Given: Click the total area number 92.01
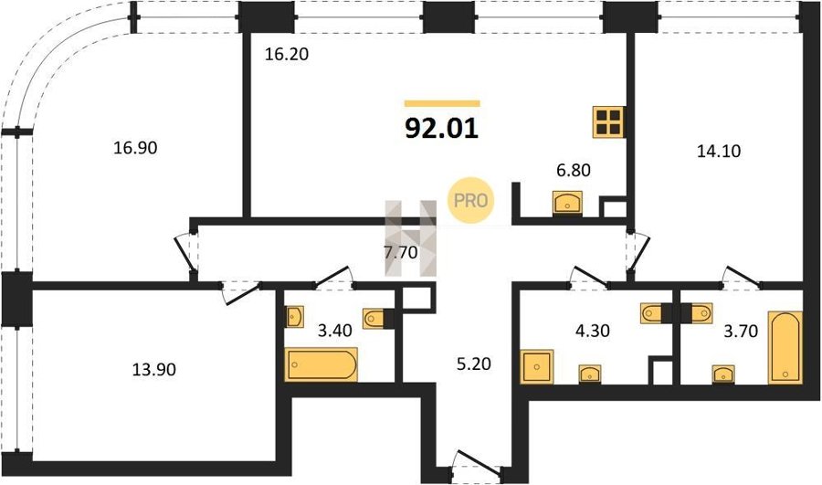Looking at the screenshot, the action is click(x=442, y=129).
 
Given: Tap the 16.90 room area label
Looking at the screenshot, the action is click(x=135, y=148).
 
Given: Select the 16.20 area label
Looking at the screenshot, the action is click(x=286, y=54).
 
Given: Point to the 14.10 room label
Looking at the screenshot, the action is click(x=719, y=151).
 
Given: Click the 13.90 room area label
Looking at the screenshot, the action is click(x=154, y=370).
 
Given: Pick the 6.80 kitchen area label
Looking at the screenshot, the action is click(x=574, y=170).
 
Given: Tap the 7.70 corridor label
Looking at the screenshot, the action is click(x=401, y=253).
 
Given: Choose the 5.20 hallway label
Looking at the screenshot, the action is click(x=474, y=364).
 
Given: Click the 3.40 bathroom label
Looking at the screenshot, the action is click(x=335, y=331).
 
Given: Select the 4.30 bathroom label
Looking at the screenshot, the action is click(x=593, y=331).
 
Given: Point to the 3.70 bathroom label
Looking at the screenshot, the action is click(x=741, y=331).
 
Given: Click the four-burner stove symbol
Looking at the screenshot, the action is click(x=608, y=122).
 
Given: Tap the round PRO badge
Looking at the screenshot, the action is click(x=470, y=200).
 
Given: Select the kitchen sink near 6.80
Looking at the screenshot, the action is click(x=567, y=203).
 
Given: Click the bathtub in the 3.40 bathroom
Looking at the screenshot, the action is click(x=321, y=364).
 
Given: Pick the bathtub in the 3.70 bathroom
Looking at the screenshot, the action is click(x=785, y=348).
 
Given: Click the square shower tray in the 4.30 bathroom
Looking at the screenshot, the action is click(x=537, y=366).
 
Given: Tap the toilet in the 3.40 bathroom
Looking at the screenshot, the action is click(x=375, y=318).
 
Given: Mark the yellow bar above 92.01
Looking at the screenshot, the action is click(x=442, y=104).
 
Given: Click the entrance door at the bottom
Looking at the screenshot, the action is click(x=477, y=461).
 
